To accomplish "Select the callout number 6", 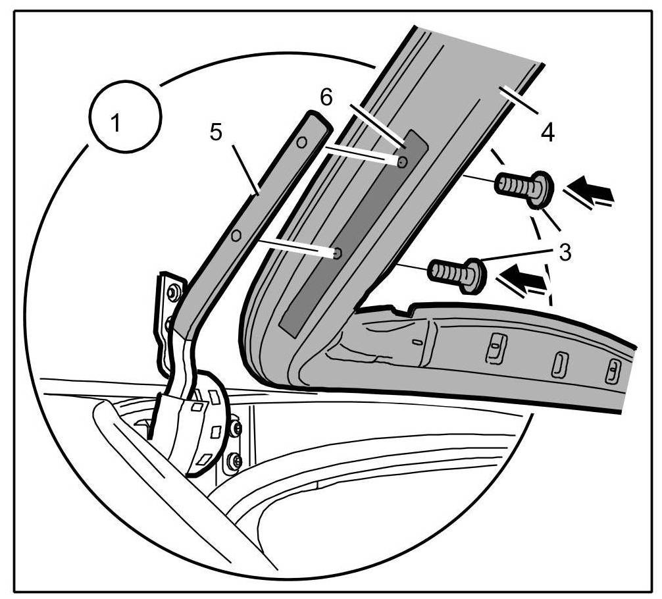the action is tap(327, 97).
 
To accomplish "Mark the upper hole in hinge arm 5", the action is tap(301, 142).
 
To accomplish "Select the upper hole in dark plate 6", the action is tap(402, 161).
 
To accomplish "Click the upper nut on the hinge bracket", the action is tap(173, 292).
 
